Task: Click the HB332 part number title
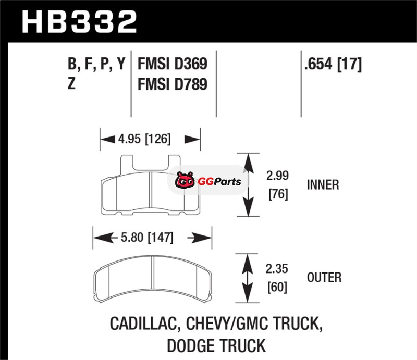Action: [79, 22]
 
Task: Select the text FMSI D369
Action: [173, 64]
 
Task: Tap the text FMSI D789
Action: [173, 84]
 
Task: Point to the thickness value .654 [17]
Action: [333, 64]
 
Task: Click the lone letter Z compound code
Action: [71, 83]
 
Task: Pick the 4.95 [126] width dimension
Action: [144, 139]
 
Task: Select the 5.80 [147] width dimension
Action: [147, 238]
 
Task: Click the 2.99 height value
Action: [277, 176]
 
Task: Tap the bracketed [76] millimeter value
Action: [278, 194]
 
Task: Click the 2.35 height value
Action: [277, 269]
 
